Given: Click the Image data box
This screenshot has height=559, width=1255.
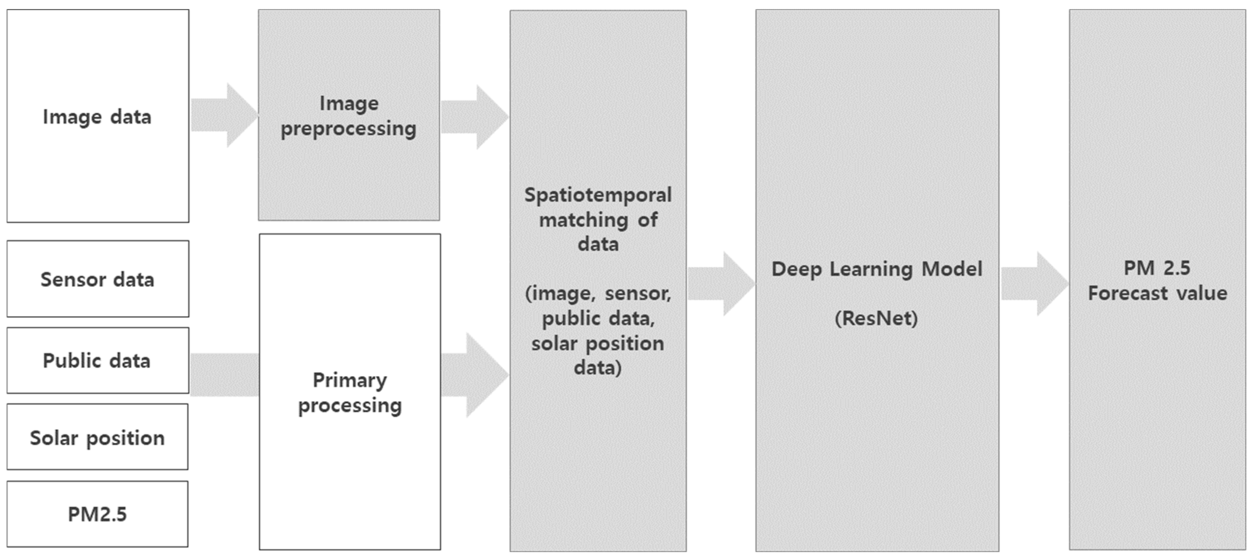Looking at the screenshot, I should (x=97, y=116).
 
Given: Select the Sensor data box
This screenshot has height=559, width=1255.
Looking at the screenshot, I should (x=97, y=279).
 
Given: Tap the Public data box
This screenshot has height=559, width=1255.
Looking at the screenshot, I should (x=97, y=360).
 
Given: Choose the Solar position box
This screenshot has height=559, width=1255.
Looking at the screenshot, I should (x=97, y=437).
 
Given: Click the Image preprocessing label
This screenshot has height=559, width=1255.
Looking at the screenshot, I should (x=349, y=116).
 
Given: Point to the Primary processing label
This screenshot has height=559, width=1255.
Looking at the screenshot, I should (x=350, y=392).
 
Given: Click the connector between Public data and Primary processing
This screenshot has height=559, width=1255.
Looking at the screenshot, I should (x=224, y=374).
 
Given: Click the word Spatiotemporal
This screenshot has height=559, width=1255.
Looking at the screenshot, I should (x=598, y=195).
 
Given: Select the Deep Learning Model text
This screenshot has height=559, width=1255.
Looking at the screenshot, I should (x=877, y=269).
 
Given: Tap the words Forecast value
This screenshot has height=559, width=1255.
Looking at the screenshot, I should (x=1158, y=293).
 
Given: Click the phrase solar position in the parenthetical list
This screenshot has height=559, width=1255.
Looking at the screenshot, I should (x=597, y=343).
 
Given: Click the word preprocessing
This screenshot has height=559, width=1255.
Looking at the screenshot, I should (x=349, y=129).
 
